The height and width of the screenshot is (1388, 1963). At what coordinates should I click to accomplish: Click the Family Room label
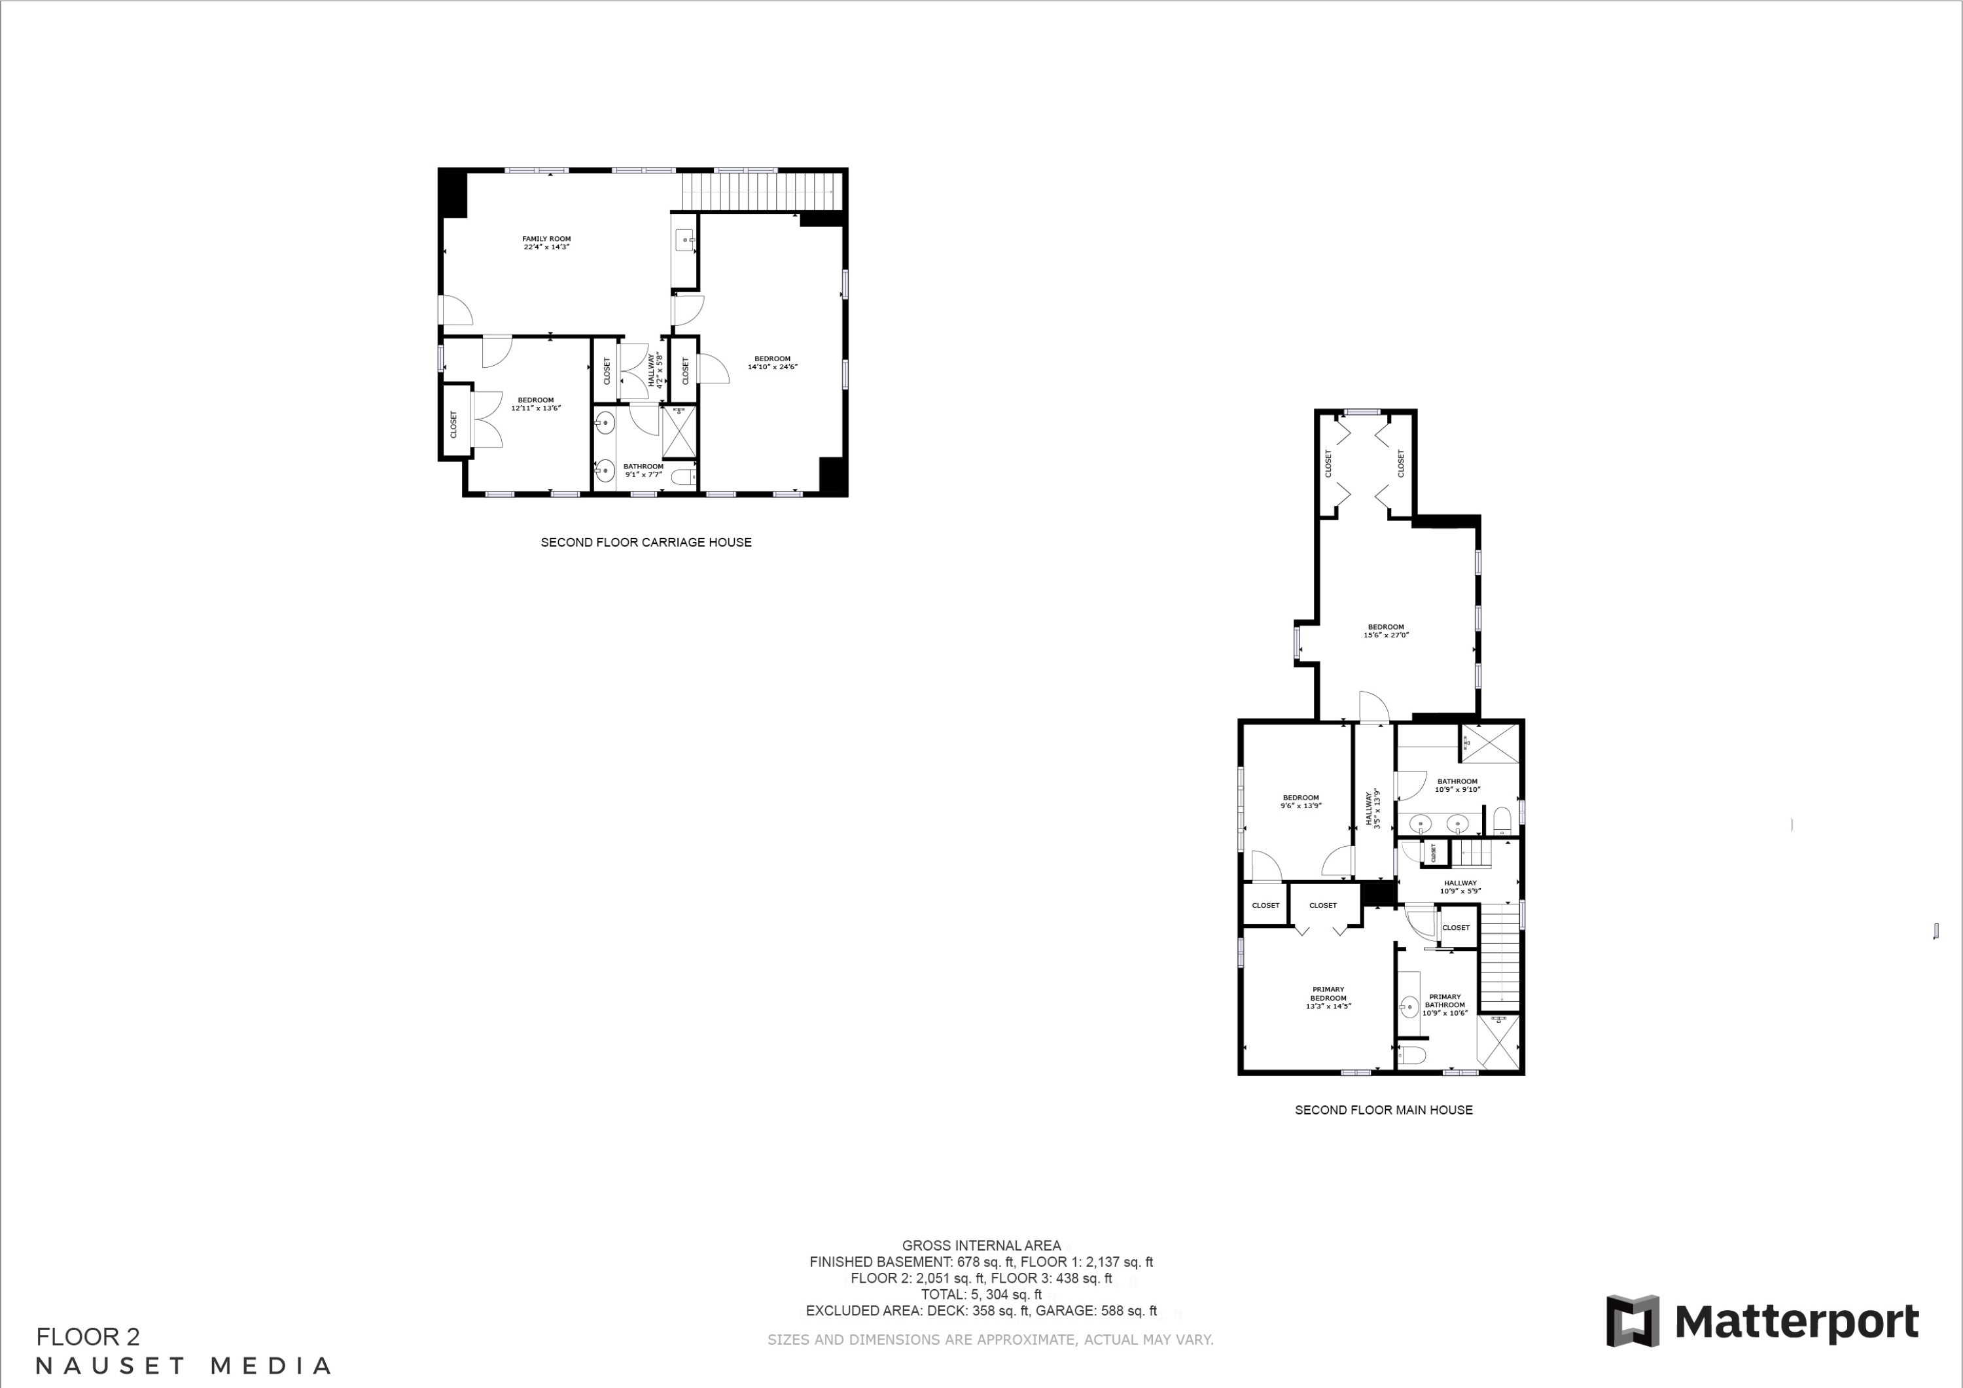(546, 243)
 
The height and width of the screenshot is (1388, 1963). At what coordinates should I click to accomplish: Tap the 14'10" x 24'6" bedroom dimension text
(772, 367)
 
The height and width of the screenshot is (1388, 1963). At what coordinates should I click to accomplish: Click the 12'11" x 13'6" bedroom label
(535, 404)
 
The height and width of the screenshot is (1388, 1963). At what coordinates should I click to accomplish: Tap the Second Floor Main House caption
(1383, 1110)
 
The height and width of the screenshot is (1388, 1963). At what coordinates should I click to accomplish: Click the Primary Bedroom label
(1328, 997)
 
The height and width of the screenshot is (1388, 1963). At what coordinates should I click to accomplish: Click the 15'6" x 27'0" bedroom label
(1386, 631)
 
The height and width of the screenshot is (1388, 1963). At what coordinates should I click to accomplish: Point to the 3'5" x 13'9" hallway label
(1373, 809)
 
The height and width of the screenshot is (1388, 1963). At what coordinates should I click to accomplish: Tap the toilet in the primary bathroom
(1413, 1054)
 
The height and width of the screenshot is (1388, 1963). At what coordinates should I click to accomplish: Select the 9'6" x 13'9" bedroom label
(1300, 802)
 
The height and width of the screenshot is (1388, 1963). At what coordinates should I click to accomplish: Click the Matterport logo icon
(1632, 1321)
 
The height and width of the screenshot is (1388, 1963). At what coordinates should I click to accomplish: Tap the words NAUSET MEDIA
(184, 1366)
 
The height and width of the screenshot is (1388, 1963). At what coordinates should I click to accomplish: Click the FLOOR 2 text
(88, 1337)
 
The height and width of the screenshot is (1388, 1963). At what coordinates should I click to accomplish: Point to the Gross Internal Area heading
(981, 1246)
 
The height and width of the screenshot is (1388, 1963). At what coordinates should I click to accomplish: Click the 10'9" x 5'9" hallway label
(1460, 887)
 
